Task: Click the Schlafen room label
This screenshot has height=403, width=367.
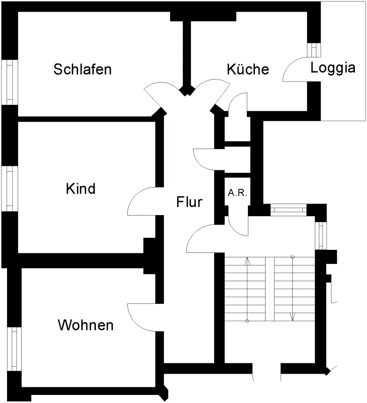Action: point(82,69)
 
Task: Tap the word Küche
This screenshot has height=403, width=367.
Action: point(248,69)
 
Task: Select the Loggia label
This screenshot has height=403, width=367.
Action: point(333,69)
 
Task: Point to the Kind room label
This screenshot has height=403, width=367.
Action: point(81,188)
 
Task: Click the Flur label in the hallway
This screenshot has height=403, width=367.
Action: point(189,201)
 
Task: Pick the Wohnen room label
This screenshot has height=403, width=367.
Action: point(85,325)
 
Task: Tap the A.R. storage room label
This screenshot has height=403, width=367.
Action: point(237,193)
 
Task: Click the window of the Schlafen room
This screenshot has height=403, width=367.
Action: point(10,82)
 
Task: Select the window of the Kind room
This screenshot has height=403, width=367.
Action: point(10,188)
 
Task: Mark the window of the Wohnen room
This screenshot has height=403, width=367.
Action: point(14,349)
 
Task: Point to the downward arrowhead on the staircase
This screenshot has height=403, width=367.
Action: point(293,317)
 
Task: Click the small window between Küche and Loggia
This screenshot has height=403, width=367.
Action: point(314,49)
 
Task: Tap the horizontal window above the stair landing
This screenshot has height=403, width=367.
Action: point(288,210)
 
